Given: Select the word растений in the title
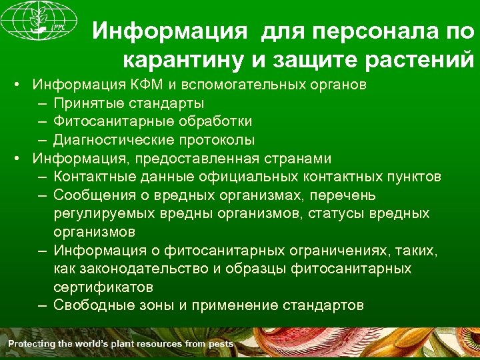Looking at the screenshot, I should (x=420, y=61).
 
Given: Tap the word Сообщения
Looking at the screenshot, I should (x=93, y=195).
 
